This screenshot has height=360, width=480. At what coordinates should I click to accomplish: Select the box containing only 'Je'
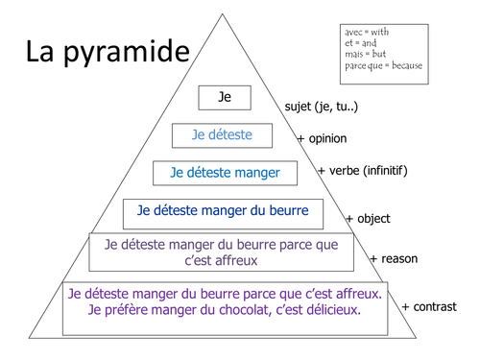(x=225, y=97)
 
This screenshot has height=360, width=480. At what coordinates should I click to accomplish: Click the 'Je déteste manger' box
(x=225, y=173)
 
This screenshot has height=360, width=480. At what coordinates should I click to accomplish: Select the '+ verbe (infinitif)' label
(x=362, y=172)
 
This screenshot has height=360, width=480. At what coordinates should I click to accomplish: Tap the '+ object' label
(x=368, y=219)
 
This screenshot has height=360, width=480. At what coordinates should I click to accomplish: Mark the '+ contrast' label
(x=428, y=307)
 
